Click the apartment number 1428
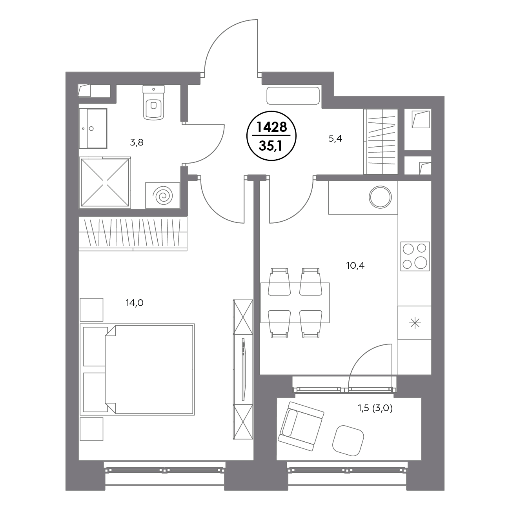pos(271,127)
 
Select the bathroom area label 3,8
pos(137,143)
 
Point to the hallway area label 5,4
pos(335,138)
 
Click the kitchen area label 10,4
pos(355,266)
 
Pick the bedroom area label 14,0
pos(135,303)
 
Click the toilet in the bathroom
pos(153,102)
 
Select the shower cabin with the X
pos(105,182)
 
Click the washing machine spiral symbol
pos(162,196)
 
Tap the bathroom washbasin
pos(93,128)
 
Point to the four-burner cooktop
pos(415,256)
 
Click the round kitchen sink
pos(380,197)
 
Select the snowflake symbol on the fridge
pos(415,323)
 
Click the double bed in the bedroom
pos(137,369)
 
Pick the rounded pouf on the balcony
pos(348,441)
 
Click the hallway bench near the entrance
pos(293,96)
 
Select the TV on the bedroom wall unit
pos(244,370)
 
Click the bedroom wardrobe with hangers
pos(133,234)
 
